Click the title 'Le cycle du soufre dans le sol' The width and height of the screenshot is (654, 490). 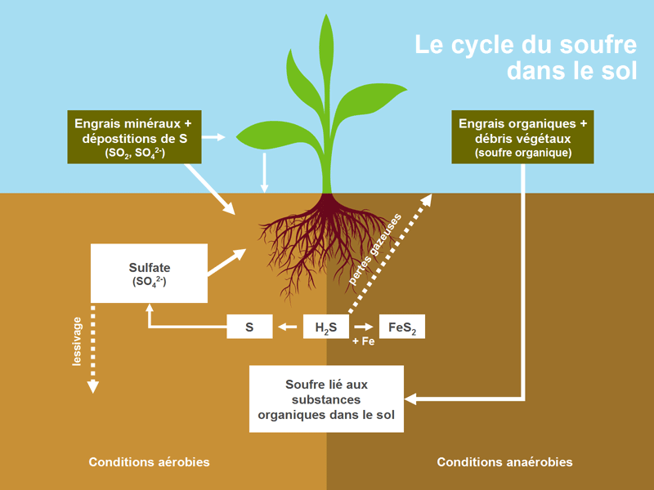tap(526, 56)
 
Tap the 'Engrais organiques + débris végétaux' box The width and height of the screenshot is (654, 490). tap(523, 136)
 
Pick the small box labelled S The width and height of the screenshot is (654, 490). tap(249, 327)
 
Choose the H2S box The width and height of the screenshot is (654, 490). tap(326, 327)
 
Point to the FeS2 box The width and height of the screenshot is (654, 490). tap(402, 327)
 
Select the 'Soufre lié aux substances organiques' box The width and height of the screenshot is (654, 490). tap(326, 399)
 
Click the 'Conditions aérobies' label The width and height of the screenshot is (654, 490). tap(149, 462)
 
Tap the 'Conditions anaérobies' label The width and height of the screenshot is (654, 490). tap(504, 462)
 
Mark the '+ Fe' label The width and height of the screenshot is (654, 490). tap(363, 342)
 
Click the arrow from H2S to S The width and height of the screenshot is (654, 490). tap(288, 327)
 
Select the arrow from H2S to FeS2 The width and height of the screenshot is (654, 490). tap(364, 327)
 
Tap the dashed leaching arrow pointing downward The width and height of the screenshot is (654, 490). tap(93, 351)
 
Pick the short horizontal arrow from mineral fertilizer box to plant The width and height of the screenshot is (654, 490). tap(214, 137)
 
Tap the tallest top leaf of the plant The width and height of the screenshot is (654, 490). tap(327, 49)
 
